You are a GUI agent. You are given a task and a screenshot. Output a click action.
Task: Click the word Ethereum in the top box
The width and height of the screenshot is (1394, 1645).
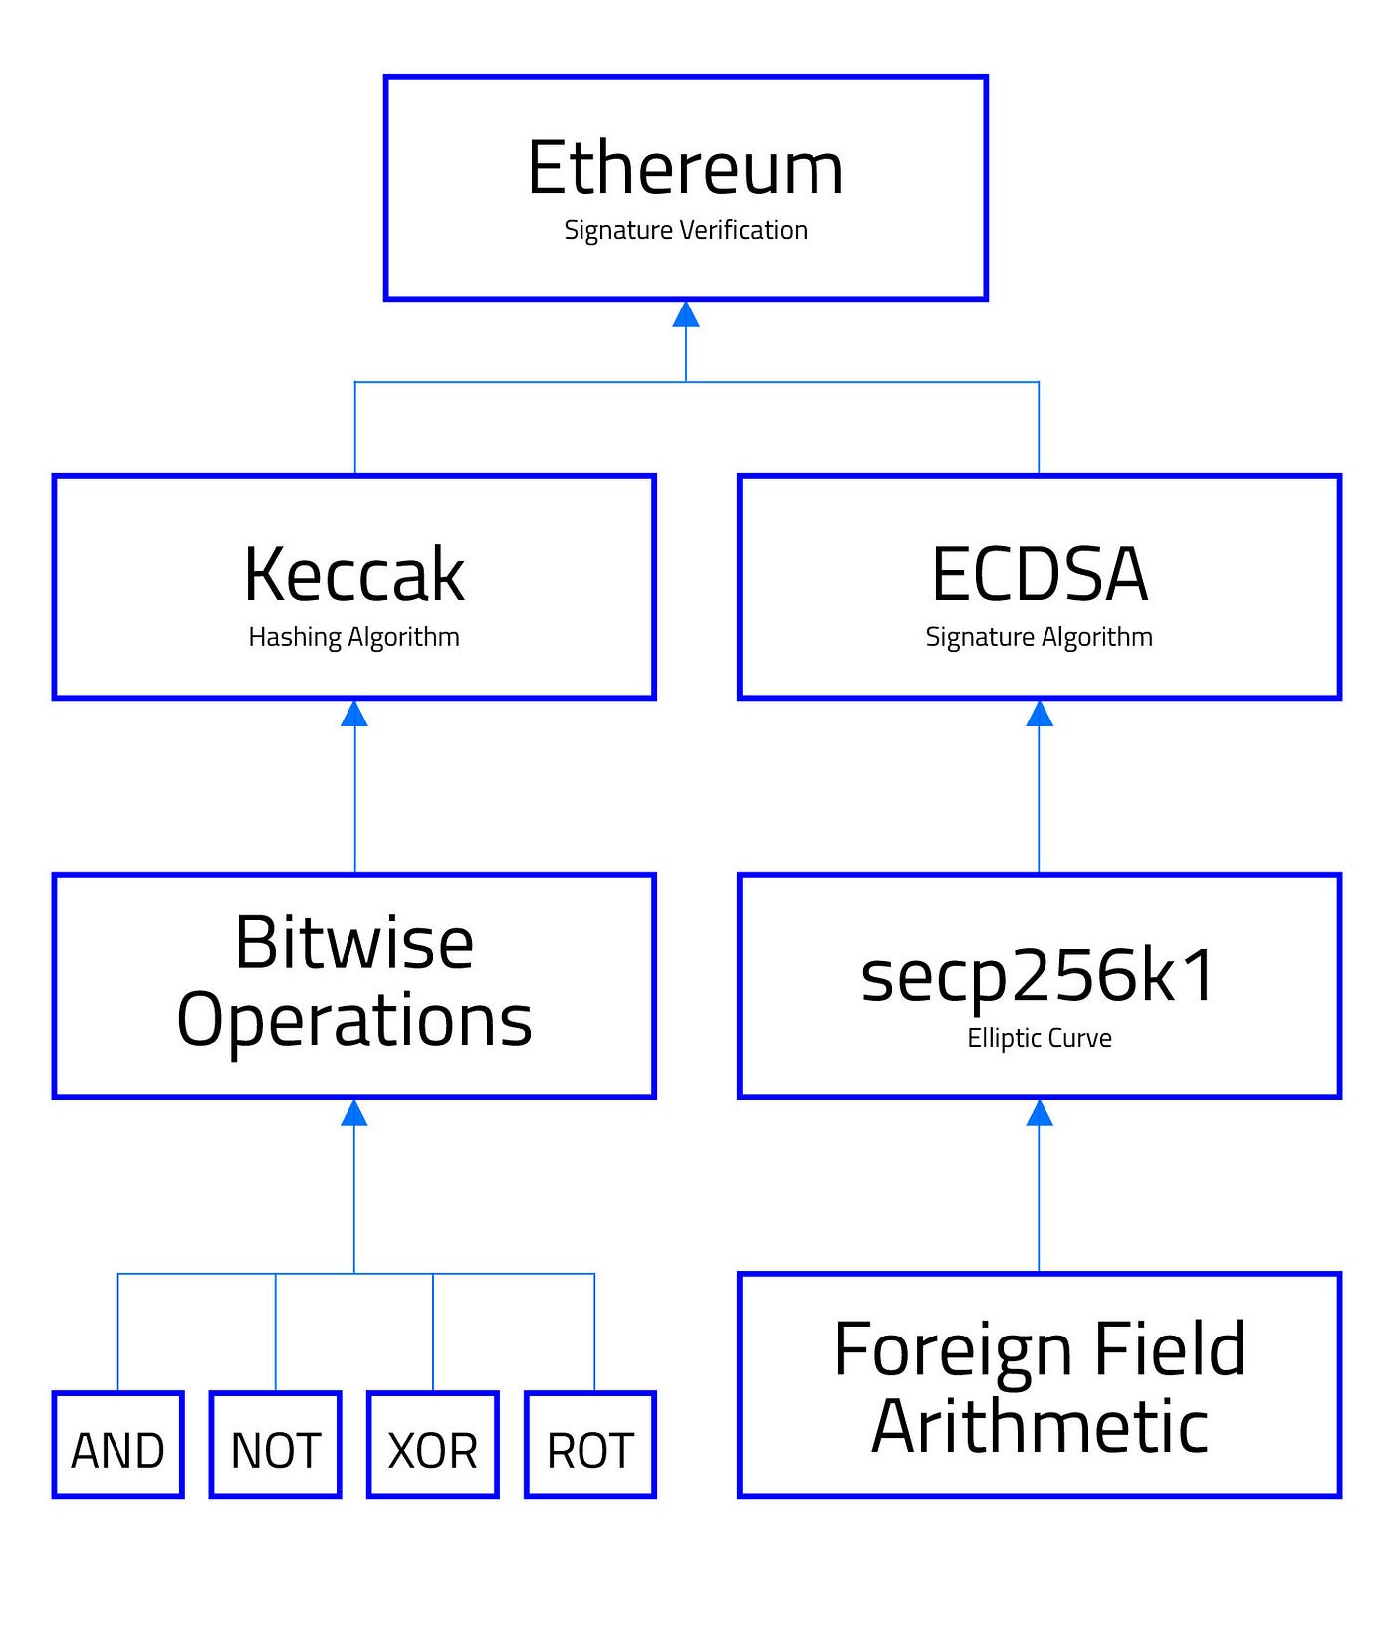click(685, 168)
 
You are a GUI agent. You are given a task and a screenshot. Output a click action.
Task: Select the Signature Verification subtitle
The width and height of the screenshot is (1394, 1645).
click(685, 230)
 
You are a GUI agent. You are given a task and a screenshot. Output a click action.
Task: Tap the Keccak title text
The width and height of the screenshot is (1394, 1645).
click(353, 575)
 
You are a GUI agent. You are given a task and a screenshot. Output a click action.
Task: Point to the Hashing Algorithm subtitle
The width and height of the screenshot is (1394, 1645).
click(353, 637)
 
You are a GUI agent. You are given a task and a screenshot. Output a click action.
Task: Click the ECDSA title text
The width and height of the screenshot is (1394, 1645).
click(1039, 575)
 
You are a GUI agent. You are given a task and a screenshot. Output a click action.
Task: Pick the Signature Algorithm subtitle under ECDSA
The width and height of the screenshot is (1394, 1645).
click(1039, 637)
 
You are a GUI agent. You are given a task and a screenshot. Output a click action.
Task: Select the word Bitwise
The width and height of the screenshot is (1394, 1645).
click(353, 942)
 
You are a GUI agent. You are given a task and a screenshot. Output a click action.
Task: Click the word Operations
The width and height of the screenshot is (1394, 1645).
click(353, 1020)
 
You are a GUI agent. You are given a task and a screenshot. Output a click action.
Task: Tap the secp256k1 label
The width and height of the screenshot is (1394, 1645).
click(1039, 975)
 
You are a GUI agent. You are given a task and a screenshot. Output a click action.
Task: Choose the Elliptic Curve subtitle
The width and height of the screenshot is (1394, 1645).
click(1039, 1038)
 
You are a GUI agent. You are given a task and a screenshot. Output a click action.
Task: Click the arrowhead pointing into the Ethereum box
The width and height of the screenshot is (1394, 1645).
click(685, 314)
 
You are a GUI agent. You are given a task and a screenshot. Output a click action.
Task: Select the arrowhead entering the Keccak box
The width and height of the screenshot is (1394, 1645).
click(354, 714)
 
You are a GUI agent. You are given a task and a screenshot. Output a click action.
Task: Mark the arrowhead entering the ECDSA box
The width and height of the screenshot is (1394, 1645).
click(1039, 714)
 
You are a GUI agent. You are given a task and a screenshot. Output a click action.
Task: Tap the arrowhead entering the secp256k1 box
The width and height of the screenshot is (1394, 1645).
click(1039, 1113)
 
